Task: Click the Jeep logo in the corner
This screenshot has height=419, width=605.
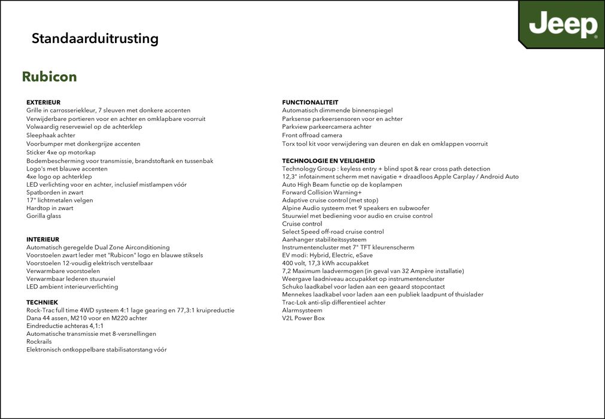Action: point(563,25)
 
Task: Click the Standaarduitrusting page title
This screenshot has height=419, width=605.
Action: point(95,39)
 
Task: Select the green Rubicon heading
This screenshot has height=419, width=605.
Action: point(49,77)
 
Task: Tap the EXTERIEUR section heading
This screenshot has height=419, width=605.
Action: point(43,102)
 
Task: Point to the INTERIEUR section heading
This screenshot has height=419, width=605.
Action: point(42,239)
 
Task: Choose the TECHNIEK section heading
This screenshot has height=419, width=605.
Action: point(42,302)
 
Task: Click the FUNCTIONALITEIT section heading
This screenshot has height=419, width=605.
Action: point(310,102)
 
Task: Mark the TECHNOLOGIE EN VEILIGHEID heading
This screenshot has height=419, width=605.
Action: point(329,161)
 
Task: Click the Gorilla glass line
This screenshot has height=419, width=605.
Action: point(44,216)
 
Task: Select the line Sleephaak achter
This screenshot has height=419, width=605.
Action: point(51,135)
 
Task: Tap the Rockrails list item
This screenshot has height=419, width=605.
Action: point(39,342)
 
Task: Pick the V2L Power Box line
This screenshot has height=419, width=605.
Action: point(303,318)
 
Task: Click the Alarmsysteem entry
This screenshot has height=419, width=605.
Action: point(302,310)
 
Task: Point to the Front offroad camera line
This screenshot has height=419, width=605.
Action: point(312,135)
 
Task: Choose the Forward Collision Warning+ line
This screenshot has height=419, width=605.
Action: point(321,192)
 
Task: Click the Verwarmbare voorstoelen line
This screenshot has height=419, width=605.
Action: point(63,271)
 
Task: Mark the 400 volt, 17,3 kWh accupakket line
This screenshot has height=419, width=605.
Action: point(325,263)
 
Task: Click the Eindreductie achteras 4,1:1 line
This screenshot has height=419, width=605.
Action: point(65,326)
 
